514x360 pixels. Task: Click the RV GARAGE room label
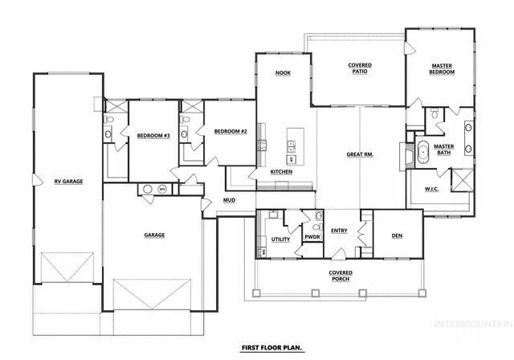(68, 182)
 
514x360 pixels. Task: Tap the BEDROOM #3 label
(153, 135)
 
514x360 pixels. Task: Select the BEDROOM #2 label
(230, 132)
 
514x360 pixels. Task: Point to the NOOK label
(282, 73)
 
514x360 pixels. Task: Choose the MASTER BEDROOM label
(443, 69)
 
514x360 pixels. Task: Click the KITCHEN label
(281, 172)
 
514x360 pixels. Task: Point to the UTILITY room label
(280, 239)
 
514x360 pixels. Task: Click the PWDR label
(312, 238)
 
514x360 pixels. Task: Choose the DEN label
(397, 235)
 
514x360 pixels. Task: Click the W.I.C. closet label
(430, 190)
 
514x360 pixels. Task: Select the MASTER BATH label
(444, 149)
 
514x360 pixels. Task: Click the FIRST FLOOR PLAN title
(270, 349)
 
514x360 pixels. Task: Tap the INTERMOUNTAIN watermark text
(471, 325)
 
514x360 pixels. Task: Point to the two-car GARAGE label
(154, 235)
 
